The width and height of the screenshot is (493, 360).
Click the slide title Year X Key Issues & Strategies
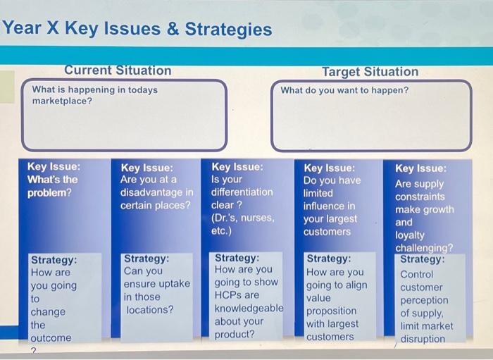[137, 30]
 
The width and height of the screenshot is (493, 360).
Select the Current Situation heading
[118, 70]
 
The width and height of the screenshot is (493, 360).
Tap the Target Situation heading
[370, 72]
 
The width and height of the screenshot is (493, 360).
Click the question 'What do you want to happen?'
[344, 90]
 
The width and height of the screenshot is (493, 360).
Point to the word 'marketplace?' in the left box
[62, 101]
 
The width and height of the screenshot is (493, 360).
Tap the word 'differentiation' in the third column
[242, 192]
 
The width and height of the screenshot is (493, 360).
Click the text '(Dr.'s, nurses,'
[242, 218]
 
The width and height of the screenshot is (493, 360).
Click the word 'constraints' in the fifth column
[420, 197]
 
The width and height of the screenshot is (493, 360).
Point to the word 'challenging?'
[424, 248]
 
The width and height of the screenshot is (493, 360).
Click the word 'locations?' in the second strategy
[148, 309]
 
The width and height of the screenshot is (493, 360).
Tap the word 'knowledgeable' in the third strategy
[249, 309]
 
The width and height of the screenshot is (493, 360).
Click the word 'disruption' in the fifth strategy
[423, 339]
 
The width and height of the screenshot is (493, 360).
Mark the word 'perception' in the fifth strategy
[424, 300]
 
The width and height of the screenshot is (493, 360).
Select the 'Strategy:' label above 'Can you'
[146, 259]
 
